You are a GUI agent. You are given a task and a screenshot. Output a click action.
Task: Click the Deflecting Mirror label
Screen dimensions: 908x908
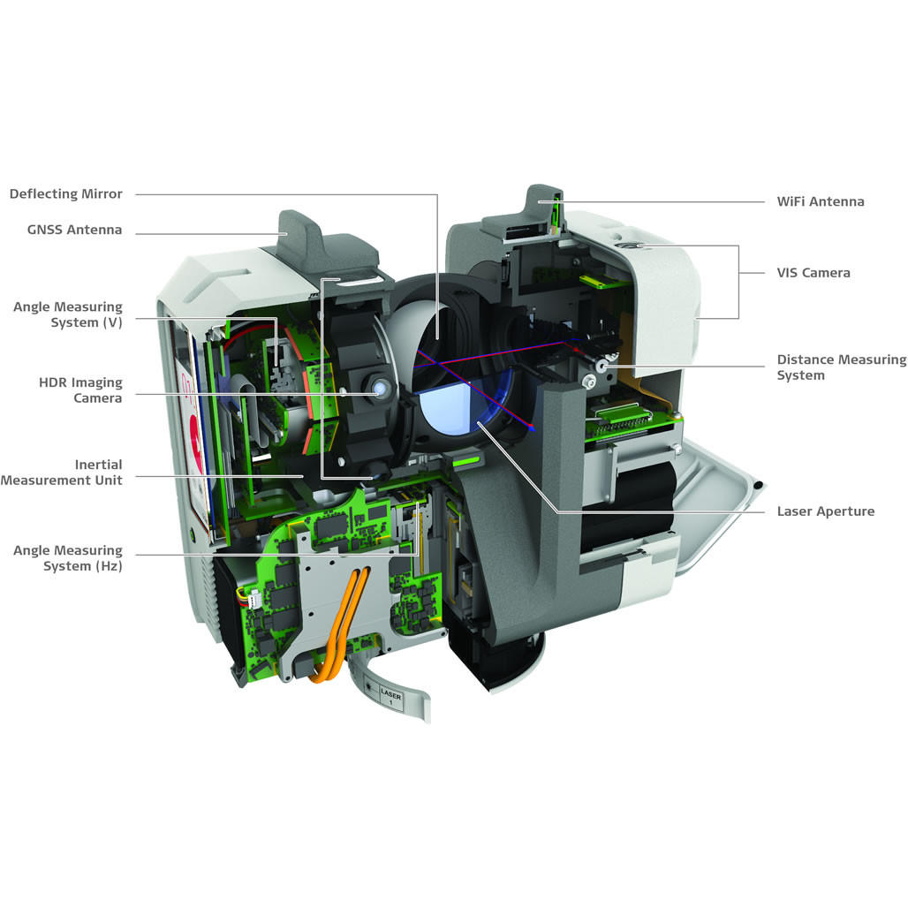coord(66,194)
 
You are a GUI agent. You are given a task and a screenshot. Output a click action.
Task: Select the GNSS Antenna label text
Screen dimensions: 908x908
coord(75,231)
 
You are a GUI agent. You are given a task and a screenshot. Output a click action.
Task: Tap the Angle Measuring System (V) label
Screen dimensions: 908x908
coord(68,314)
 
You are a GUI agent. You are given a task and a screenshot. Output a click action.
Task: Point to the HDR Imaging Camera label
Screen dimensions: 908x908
coord(80,390)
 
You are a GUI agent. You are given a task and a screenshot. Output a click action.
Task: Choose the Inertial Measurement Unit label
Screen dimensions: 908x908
coord(62,472)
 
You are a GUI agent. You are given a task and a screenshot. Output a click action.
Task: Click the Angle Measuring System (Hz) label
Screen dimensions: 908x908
coord(68,558)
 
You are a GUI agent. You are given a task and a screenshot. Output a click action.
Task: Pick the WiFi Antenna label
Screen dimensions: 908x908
coord(821,201)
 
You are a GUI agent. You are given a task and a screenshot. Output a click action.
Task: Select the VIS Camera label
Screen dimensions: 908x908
coord(813,273)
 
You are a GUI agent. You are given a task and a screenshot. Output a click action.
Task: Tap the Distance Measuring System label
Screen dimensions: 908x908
coord(841,367)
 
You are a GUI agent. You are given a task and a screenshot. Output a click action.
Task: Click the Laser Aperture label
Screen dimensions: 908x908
coord(826,511)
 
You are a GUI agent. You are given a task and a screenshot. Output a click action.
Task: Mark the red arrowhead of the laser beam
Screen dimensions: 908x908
coord(533,428)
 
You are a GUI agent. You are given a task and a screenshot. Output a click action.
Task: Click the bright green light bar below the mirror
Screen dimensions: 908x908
coord(466,460)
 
